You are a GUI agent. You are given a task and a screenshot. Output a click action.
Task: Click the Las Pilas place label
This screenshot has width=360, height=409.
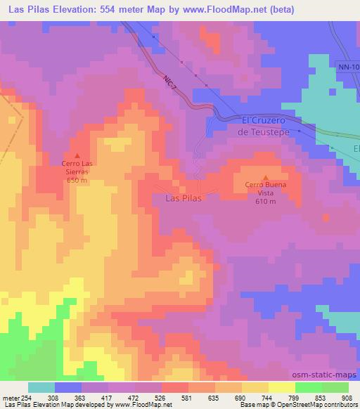tap(182, 199)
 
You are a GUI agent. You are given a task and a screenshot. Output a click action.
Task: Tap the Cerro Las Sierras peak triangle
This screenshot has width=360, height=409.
tap(77, 156)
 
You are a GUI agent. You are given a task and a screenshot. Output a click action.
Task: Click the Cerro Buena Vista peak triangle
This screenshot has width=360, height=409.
tap(266, 177)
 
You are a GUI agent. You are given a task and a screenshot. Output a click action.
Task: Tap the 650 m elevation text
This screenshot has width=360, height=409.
tap(77, 181)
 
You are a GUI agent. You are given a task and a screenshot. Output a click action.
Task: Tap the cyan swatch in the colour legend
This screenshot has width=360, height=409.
tap(41, 387)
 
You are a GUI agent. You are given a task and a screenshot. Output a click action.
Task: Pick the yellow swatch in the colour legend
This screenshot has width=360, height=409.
tap(282, 387)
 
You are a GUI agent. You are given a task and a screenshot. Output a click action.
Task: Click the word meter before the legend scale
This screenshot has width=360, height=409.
tap(11, 398)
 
